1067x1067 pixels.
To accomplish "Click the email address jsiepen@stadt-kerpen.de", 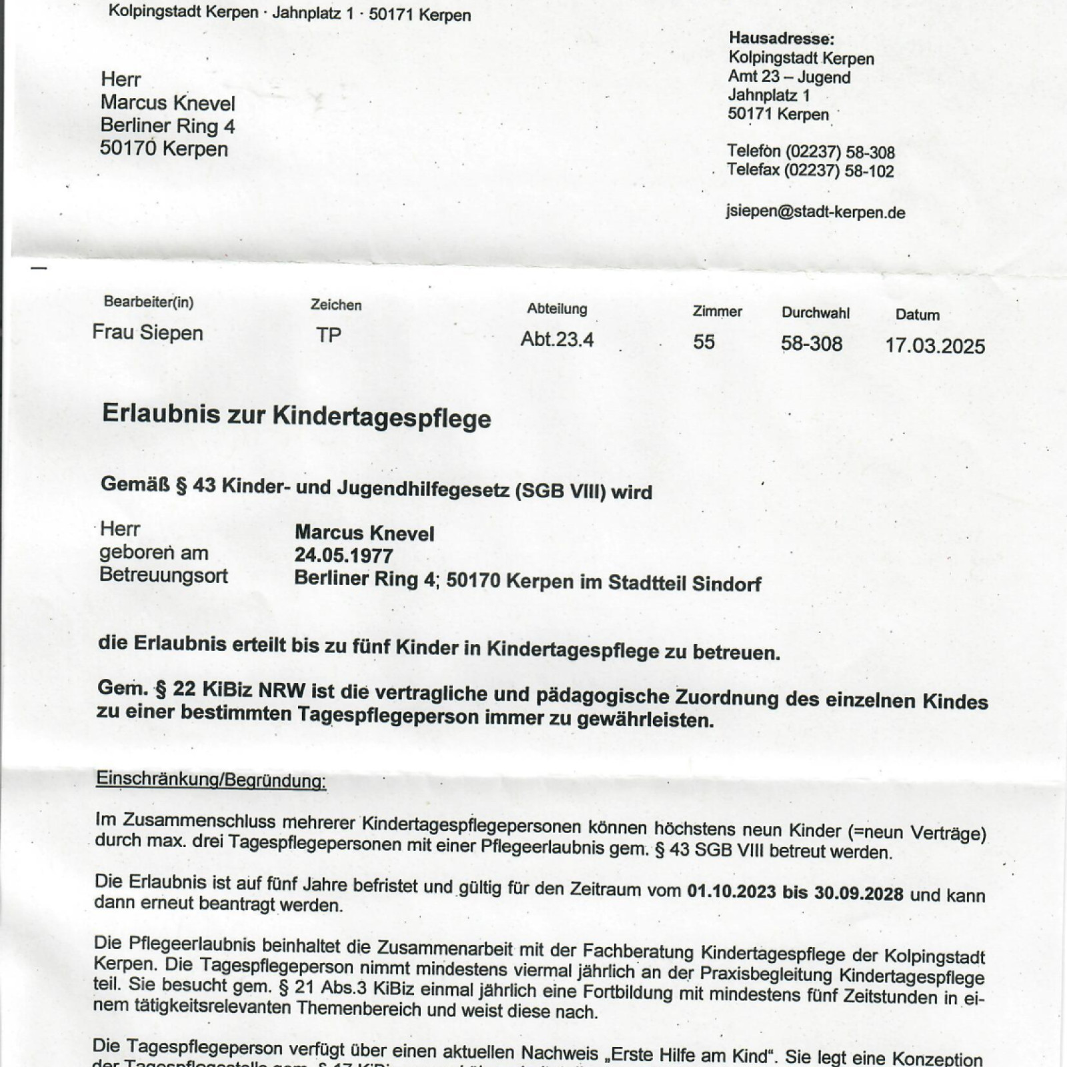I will pos(815,212).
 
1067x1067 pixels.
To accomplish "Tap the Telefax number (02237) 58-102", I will pos(838,171).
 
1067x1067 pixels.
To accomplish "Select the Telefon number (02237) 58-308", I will pos(840,153).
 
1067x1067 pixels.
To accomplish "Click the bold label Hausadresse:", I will pos(781,39).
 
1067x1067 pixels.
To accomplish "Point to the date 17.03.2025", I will pos(934,345).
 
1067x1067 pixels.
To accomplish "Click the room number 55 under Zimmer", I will pos(704,341).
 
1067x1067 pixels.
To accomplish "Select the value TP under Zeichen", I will pos(328,335).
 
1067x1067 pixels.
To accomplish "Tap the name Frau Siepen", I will pos(147,332).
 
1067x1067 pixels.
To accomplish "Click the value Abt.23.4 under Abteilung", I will pos(557,339).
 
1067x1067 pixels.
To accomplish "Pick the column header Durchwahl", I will pos(816,313).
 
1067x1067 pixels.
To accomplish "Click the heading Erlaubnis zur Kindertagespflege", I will pos(296,416).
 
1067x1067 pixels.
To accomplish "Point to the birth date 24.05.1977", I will pos(343,556).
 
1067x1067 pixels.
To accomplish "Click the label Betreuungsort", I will pos(163,575).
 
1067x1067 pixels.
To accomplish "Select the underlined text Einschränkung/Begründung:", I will pos(211,779).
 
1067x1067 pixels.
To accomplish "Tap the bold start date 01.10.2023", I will pos(731,892).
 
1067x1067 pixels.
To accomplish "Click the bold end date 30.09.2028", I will pos(858,893).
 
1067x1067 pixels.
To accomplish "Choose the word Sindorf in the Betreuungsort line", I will pos(726,584).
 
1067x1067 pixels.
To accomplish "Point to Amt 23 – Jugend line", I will pos(789,77).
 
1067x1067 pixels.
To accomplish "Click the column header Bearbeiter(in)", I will pos(148,302).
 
